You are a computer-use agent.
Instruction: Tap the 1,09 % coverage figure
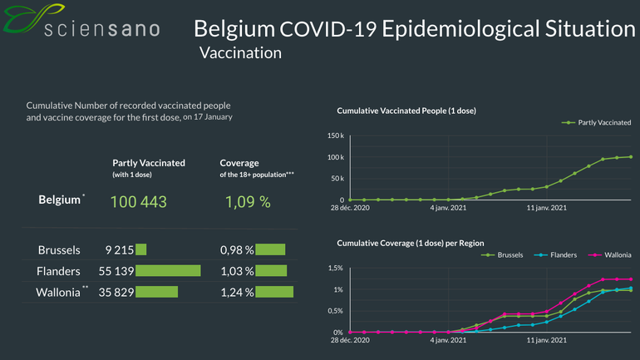[x=248, y=202]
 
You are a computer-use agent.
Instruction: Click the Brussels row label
[x=59, y=249]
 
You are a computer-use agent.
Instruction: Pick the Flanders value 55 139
[x=115, y=270]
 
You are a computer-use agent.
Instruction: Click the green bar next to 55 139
[x=168, y=270]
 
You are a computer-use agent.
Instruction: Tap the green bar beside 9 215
[x=140, y=249]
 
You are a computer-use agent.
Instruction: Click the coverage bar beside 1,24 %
[x=275, y=292]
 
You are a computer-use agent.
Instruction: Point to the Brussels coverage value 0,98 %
[x=236, y=249]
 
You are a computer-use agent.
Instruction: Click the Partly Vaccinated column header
[x=149, y=163]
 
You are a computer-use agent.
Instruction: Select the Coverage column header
[x=239, y=163]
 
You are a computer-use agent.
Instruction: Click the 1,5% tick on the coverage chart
[x=334, y=268]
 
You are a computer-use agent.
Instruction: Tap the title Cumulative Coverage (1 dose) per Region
[x=410, y=243]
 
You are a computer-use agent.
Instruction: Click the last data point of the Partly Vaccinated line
[x=631, y=156]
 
